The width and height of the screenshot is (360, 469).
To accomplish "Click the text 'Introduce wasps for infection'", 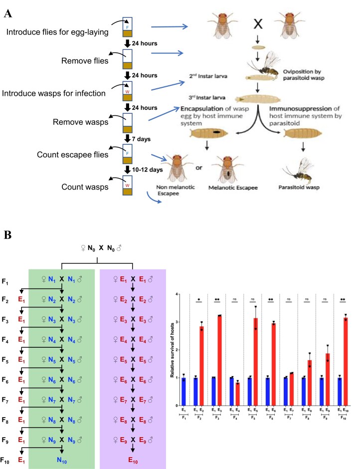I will tap(56, 79).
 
